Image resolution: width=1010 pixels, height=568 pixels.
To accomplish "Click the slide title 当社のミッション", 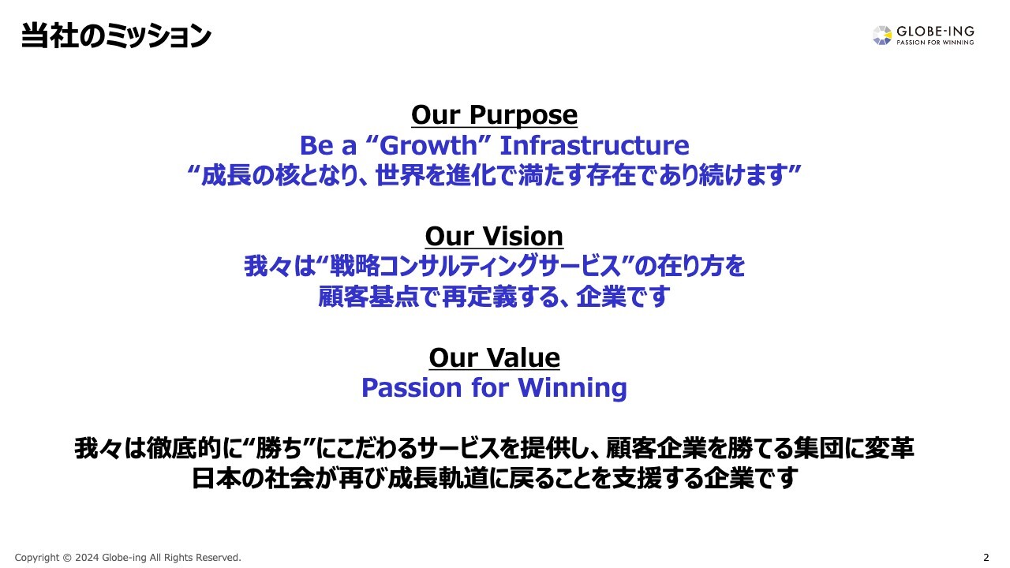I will click(x=116, y=36).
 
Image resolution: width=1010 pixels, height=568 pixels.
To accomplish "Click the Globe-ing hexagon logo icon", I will click(x=882, y=35).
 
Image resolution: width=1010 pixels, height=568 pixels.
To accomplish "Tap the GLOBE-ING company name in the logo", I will click(x=935, y=31).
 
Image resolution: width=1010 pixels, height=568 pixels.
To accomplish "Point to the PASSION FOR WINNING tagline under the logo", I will click(x=935, y=43).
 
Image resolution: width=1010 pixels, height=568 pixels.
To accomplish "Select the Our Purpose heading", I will click(x=494, y=115).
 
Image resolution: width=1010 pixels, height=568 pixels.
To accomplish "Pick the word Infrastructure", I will click(x=594, y=145).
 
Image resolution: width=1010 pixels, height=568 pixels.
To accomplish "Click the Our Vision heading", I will click(x=494, y=237).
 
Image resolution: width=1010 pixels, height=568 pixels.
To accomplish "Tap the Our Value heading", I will click(x=494, y=358).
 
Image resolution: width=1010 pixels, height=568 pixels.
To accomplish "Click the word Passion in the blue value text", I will click(x=407, y=388).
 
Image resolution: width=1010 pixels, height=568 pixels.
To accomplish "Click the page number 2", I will click(x=986, y=558).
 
